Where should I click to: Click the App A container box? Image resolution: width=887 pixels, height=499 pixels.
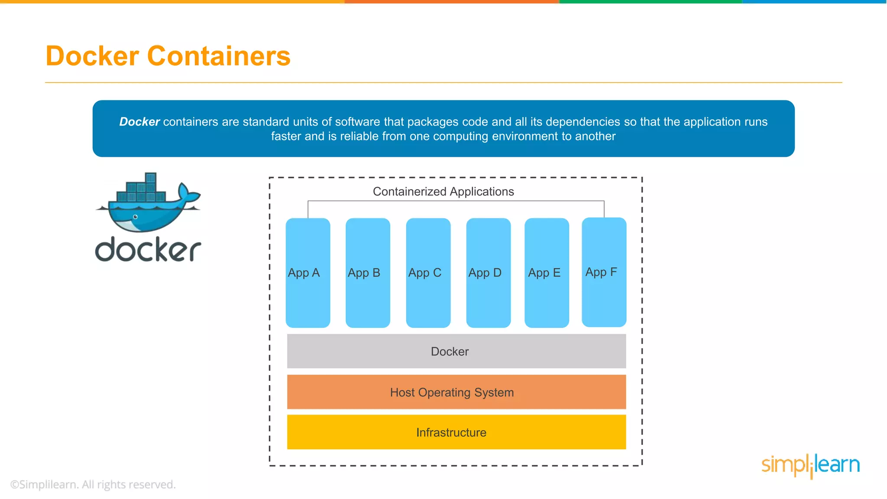click(308, 272)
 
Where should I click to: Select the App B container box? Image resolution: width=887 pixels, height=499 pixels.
click(368, 272)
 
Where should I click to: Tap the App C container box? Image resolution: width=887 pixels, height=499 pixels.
click(428, 272)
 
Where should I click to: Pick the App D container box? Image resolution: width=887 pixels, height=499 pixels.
click(488, 272)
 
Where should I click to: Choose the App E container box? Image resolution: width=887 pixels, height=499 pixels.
click(547, 272)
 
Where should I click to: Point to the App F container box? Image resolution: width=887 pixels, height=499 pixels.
click(604, 272)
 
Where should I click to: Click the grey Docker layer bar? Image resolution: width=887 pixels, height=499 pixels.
click(456, 351)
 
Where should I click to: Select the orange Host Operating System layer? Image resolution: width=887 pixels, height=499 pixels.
click(456, 392)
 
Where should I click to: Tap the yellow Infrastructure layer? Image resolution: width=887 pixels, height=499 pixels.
click(456, 432)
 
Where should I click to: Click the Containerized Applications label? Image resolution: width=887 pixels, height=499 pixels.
click(443, 191)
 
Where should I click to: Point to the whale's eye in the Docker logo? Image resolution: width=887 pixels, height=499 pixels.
click(135, 217)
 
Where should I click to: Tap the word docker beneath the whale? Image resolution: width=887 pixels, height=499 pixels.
click(148, 249)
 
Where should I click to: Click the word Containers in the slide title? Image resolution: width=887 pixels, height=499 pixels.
click(219, 56)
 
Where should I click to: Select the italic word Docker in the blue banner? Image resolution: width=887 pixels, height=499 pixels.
click(139, 122)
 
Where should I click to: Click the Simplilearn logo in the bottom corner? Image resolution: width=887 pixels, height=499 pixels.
click(810, 465)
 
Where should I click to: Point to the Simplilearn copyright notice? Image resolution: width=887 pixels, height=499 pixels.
click(93, 484)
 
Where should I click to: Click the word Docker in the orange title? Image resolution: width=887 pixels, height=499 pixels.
click(92, 56)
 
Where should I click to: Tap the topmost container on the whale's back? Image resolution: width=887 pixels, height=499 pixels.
click(150, 178)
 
